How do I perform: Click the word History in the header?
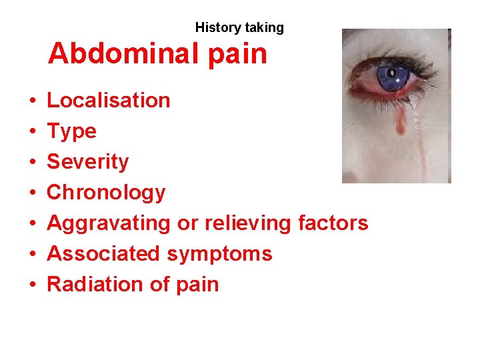point(218,28)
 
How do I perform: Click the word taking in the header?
point(263,28)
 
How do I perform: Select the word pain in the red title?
point(237,53)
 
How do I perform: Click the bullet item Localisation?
point(108,101)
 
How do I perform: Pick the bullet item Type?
point(71,131)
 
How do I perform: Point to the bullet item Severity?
point(87,162)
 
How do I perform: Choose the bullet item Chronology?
point(106,193)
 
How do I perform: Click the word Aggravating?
point(108,223)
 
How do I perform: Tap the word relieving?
point(246,223)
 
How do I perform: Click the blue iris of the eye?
point(393,77)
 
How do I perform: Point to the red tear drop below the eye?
point(401,121)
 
